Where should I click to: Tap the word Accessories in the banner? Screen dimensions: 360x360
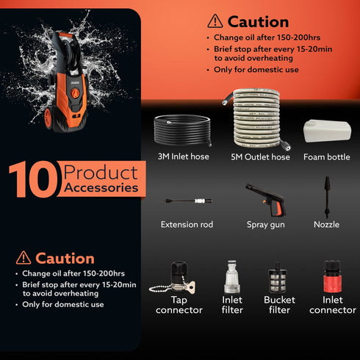tap(101, 188)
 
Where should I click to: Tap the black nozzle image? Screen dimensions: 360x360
tap(326, 195)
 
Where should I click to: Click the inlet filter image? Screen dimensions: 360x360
tap(232, 277)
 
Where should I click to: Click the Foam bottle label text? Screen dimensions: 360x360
tap(326, 156)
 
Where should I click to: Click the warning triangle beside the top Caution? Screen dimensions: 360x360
tap(215, 21)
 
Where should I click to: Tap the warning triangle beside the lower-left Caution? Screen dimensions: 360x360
tap(24, 258)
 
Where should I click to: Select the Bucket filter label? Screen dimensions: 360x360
tap(279, 305)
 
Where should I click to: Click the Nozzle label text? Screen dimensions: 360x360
tap(326, 224)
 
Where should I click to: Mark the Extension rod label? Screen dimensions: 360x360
tap(187, 224)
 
